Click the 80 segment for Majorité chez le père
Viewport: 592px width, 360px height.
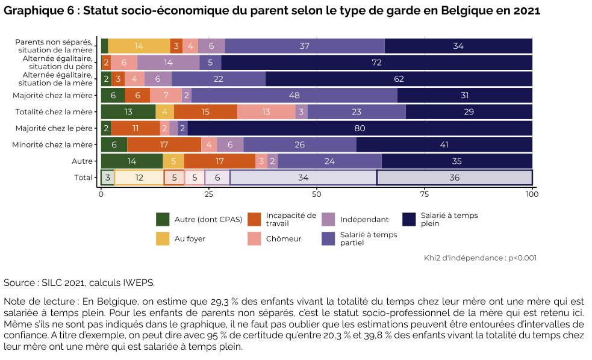click(x=360, y=128)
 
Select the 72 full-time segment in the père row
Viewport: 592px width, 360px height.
click(x=376, y=63)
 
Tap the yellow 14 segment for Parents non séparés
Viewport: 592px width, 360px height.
click(x=139, y=46)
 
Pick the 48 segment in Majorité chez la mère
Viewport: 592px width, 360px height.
click(x=294, y=95)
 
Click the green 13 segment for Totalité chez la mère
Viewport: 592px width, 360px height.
click(x=128, y=111)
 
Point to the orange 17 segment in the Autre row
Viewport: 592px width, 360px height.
click(x=220, y=161)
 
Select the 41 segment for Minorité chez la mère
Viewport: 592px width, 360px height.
click(x=444, y=144)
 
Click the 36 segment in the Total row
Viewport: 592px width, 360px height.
click(x=454, y=178)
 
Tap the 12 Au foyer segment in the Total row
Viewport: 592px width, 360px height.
click(x=139, y=178)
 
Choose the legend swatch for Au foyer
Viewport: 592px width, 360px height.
click(x=163, y=238)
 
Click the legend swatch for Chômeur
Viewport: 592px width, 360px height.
click(x=254, y=238)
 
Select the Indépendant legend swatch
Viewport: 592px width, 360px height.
click(x=328, y=219)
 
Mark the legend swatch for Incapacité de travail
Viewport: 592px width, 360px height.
click(x=254, y=219)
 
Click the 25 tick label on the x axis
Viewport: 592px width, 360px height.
click(x=208, y=196)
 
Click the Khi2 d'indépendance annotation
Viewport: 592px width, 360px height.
click(x=480, y=258)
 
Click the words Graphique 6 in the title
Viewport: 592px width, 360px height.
click(x=37, y=11)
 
